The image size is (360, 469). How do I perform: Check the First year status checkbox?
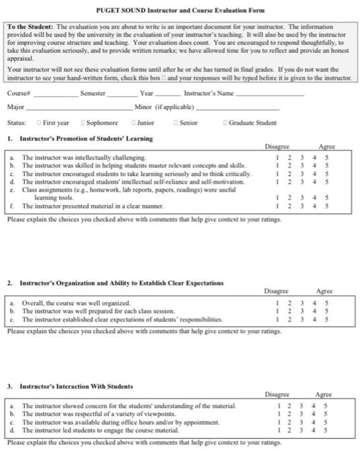click(39, 123)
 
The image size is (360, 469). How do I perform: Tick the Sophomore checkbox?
click(82, 123)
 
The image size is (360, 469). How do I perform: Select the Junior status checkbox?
click(134, 123)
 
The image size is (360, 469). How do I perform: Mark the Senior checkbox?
click(176, 123)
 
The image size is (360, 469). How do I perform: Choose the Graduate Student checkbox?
click(225, 123)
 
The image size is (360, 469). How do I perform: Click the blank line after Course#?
click(53, 95)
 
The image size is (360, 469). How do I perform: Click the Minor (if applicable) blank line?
click(237, 109)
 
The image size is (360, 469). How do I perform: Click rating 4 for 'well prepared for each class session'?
click(314, 311)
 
